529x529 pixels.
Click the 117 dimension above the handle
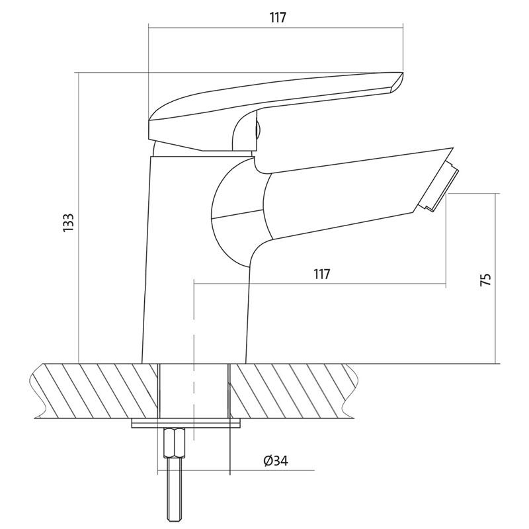pyautogui.click(x=278, y=18)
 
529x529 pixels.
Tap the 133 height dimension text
pyautogui.click(x=69, y=222)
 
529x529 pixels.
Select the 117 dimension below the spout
pyautogui.click(x=321, y=274)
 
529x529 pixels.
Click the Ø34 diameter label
pyautogui.click(x=276, y=460)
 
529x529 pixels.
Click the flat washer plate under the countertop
pyautogui.click(x=186, y=423)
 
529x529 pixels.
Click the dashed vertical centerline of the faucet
pyautogui.click(x=194, y=360)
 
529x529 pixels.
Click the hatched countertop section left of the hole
pyautogui.click(x=95, y=390)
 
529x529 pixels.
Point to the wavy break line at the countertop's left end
pyautogui.click(x=38, y=391)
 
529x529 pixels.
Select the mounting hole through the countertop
pyautogui.click(x=194, y=391)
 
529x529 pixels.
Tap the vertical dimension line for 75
pyautogui.click(x=496, y=278)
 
